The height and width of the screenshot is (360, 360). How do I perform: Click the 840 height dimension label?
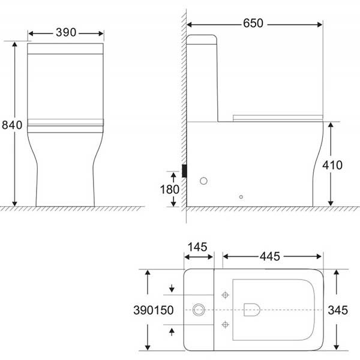point(12,125)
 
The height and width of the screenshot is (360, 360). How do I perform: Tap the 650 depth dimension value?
point(253,23)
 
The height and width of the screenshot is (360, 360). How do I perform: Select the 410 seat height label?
point(332,165)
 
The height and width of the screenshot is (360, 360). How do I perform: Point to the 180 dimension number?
point(170,190)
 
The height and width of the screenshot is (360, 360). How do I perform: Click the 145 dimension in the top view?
point(197,247)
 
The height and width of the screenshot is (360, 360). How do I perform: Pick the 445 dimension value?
point(270,256)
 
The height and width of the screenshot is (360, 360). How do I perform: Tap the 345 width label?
point(338,310)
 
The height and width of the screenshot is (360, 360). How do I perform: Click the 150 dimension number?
point(163,310)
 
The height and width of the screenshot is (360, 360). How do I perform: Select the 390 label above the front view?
point(66,32)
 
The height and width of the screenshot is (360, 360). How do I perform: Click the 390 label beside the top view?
point(143,310)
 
